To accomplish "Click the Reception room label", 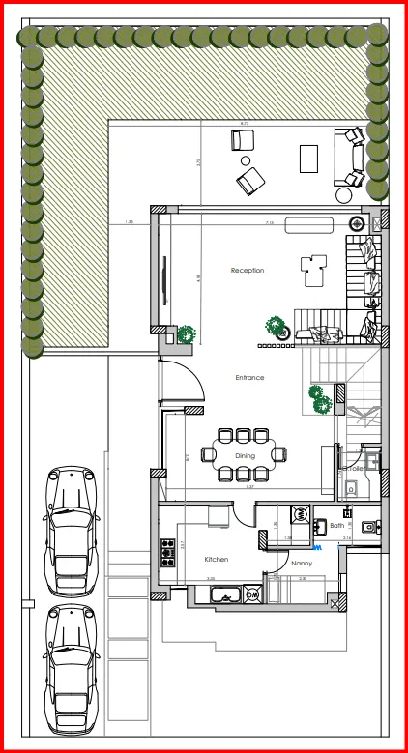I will [248, 271].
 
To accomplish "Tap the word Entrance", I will [249, 378].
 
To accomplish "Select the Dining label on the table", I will [246, 455].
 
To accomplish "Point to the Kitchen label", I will [216, 560].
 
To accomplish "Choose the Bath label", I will [336, 526].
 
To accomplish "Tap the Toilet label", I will [354, 468].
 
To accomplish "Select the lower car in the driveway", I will [72, 666].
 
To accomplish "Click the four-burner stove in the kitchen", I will [167, 552].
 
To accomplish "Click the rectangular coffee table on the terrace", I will [309, 158].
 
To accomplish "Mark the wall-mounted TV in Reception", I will [161, 280].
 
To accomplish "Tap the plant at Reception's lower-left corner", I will [186, 334].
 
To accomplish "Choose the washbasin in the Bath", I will [321, 528].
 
